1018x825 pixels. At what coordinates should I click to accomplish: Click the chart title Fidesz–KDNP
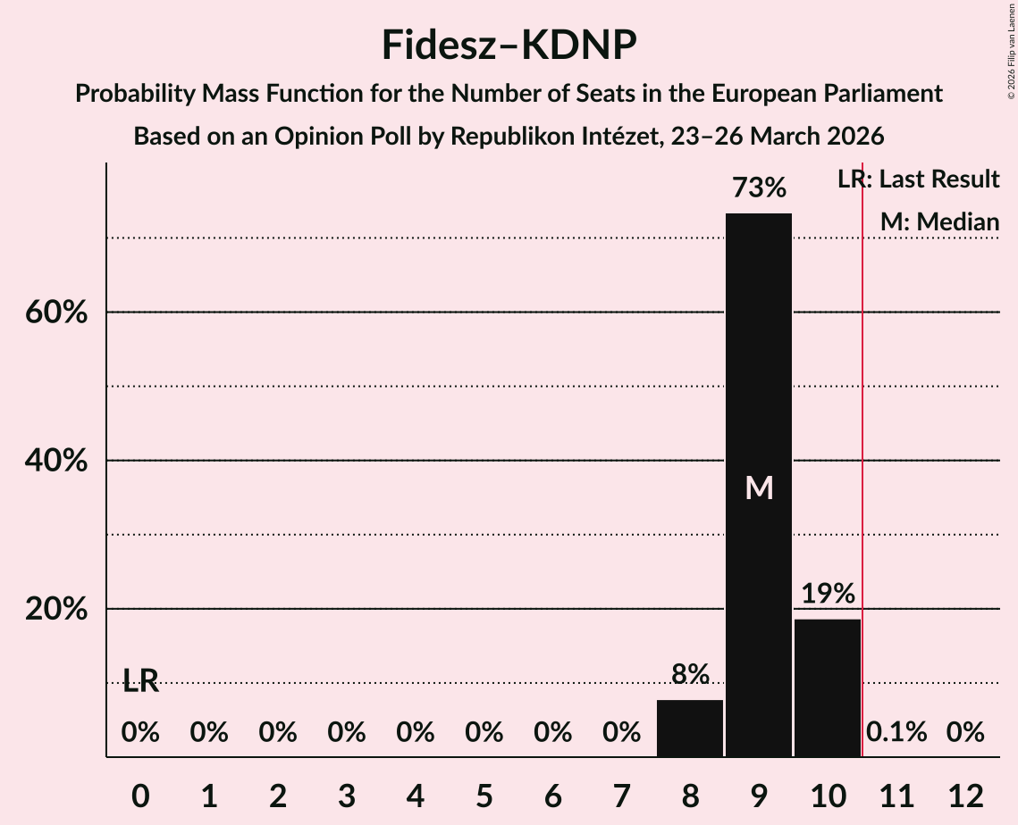(509, 45)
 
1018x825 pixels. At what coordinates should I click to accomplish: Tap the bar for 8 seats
(690, 728)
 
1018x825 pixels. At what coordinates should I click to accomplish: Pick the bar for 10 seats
(828, 687)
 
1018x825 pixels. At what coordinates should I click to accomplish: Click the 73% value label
(759, 188)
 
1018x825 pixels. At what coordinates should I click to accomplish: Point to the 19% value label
(828, 594)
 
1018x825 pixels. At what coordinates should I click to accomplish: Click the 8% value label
(690, 675)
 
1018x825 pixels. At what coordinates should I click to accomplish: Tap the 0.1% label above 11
(896, 733)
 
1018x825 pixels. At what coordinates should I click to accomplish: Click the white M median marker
(759, 487)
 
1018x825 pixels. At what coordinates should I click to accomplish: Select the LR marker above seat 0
(140, 682)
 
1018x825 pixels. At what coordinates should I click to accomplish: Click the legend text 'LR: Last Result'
(918, 179)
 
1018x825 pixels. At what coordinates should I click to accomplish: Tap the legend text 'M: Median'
(939, 222)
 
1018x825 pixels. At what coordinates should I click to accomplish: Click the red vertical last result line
(862, 446)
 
